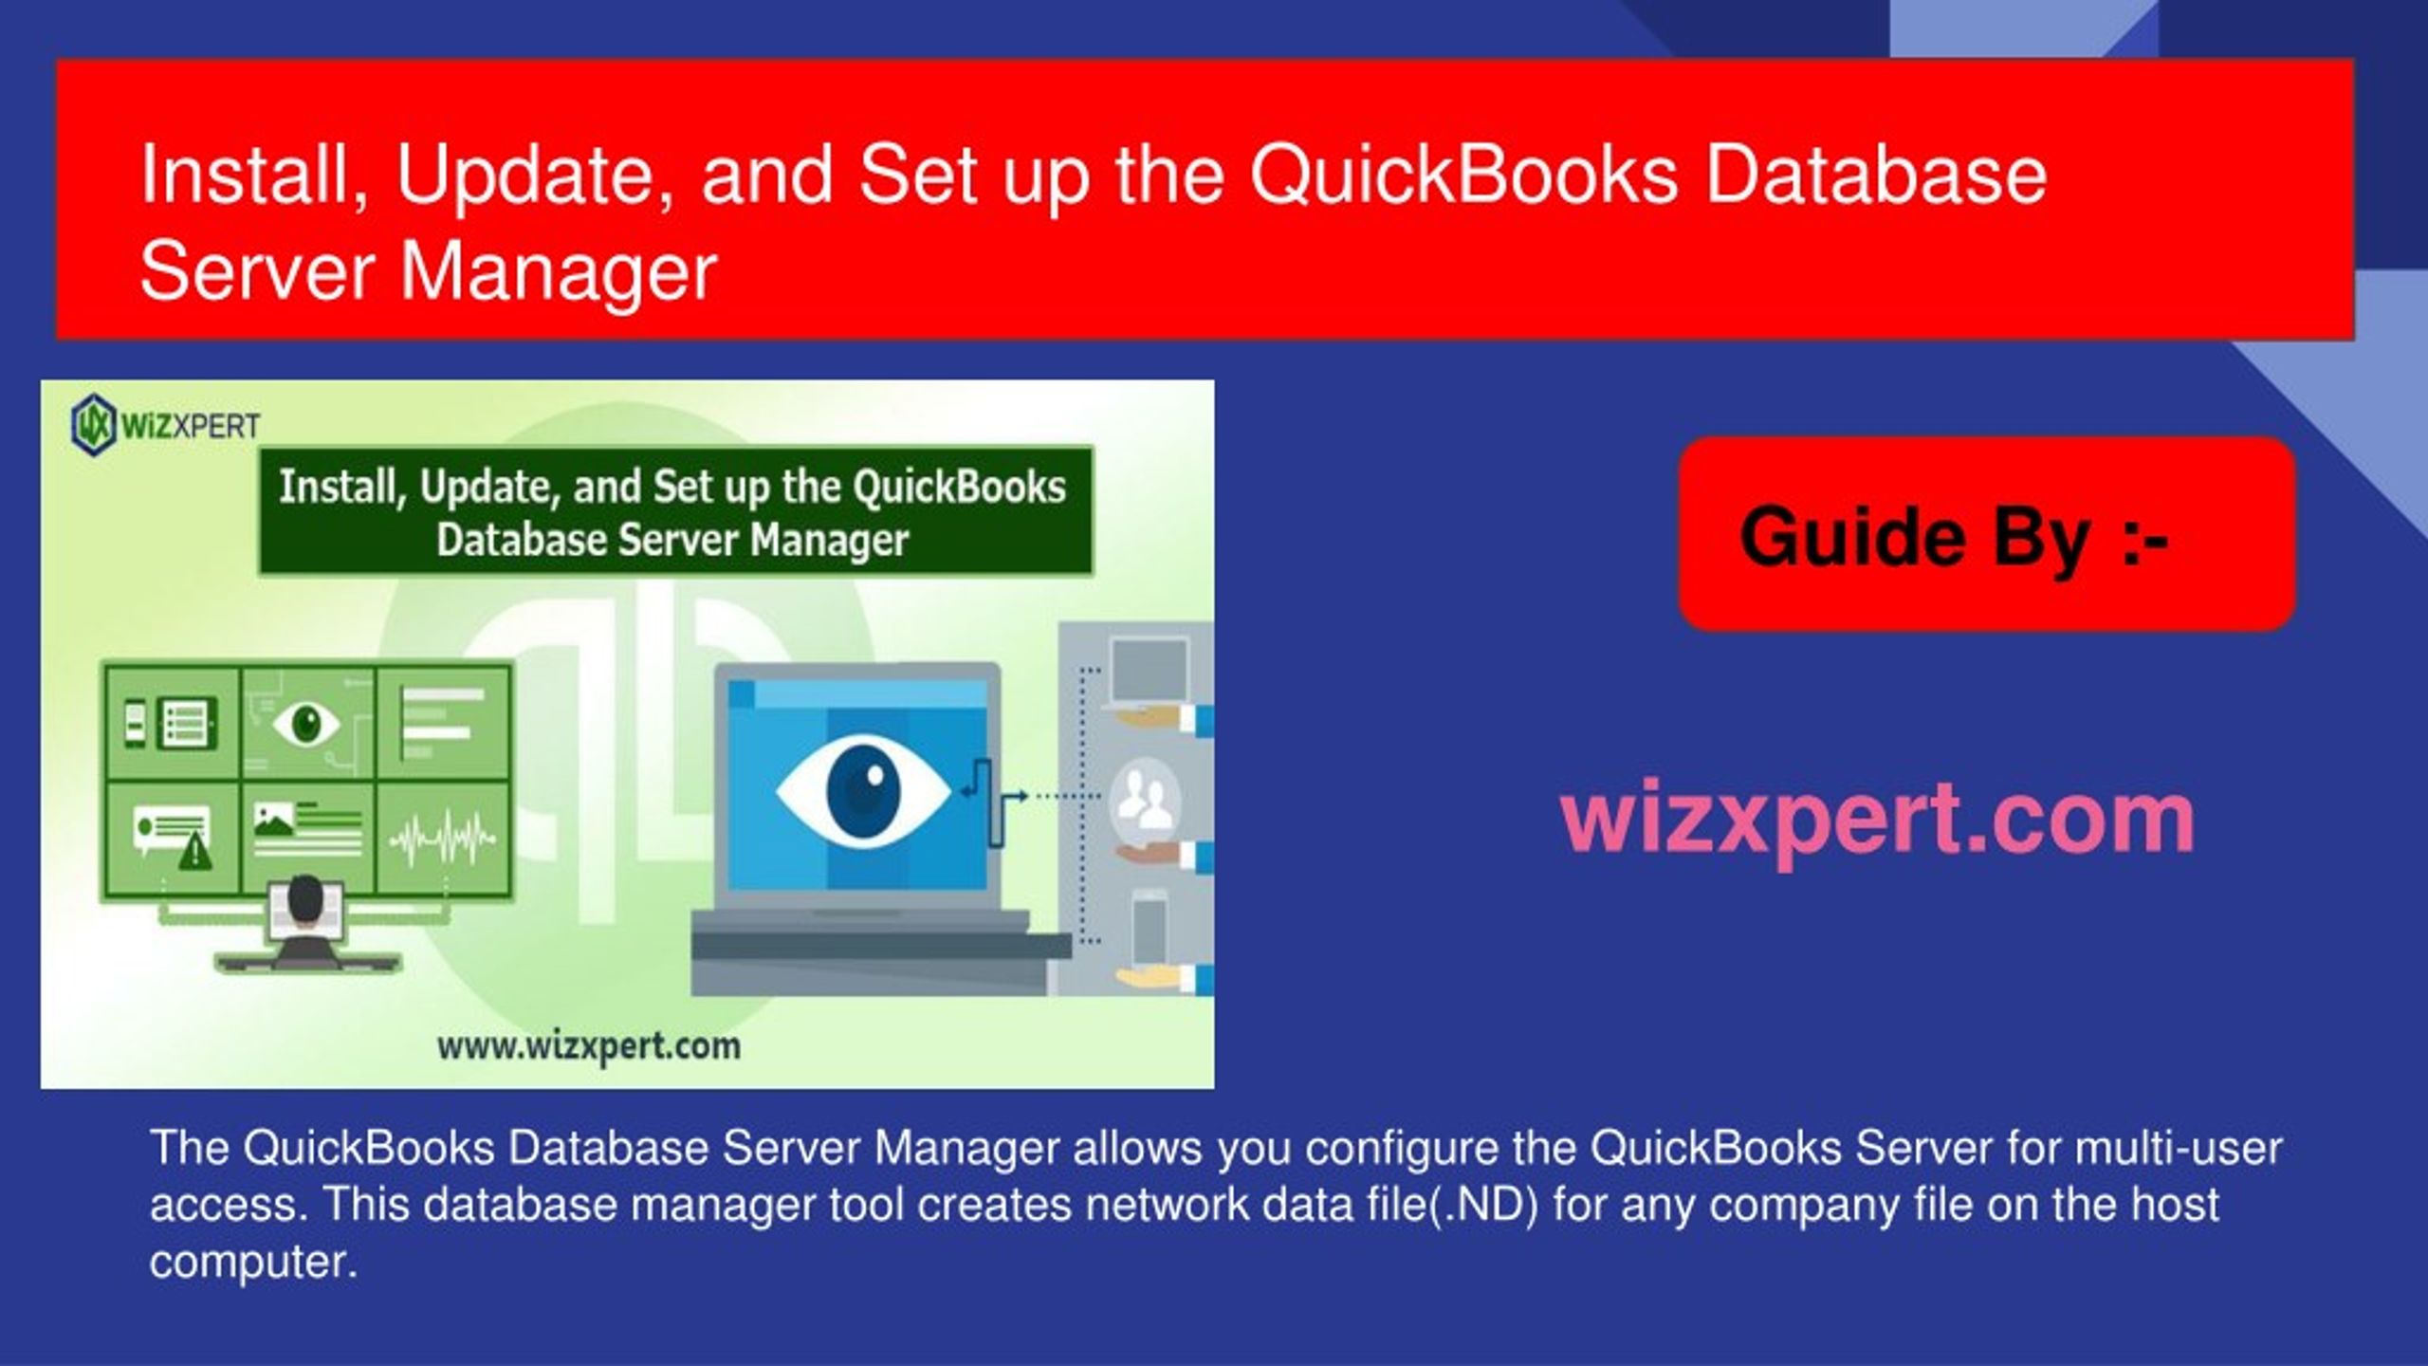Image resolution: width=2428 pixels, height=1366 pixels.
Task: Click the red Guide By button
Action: [x=1986, y=535]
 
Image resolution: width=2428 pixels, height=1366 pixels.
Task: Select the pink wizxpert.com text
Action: [x=1878, y=818]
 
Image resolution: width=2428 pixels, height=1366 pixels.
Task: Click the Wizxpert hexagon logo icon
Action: [x=93, y=425]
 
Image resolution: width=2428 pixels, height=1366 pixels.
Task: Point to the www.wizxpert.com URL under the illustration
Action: [x=589, y=1046]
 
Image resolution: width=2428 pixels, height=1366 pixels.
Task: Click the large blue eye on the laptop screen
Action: [x=862, y=792]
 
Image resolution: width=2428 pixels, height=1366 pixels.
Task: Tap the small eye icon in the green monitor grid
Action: [x=306, y=725]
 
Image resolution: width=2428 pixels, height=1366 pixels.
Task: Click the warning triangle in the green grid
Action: [x=196, y=853]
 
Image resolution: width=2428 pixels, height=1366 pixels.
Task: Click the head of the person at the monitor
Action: [x=305, y=896]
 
